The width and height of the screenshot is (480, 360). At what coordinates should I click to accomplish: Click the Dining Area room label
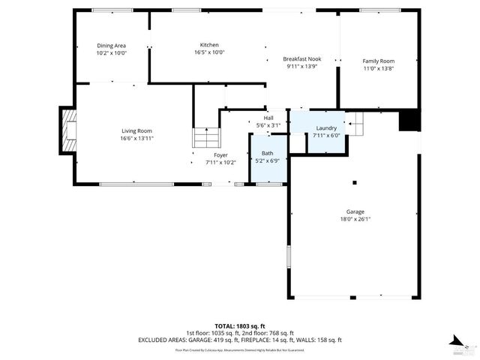pyautogui.click(x=112, y=46)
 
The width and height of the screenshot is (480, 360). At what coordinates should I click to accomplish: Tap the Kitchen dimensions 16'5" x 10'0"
pyautogui.click(x=209, y=52)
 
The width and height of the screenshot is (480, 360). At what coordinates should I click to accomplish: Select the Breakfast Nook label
pyautogui.click(x=301, y=58)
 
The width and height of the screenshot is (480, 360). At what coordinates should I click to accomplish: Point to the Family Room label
pyautogui.click(x=378, y=61)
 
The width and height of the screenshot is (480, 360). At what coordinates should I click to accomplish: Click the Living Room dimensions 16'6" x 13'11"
pyautogui.click(x=136, y=139)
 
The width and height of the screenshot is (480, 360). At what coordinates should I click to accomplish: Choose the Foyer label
pyautogui.click(x=220, y=155)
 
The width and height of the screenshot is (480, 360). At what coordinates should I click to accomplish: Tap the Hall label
pyautogui.click(x=268, y=118)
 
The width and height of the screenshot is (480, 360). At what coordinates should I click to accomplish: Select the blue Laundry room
pyautogui.click(x=318, y=132)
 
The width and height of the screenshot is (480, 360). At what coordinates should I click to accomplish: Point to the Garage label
pyautogui.click(x=355, y=211)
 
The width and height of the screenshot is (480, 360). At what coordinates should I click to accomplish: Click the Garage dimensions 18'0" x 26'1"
pyautogui.click(x=355, y=219)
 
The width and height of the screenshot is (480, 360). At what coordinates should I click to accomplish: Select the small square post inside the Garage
pyautogui.click(x=355, y=181)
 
